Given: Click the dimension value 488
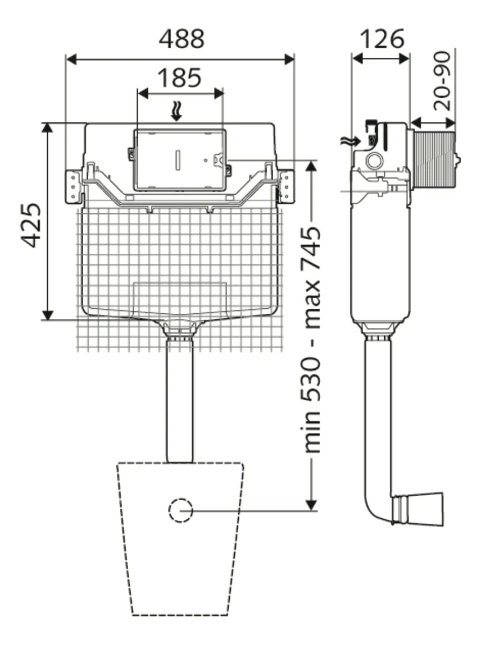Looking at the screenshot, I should pos(181,39).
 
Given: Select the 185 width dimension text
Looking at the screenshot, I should pos(179,77).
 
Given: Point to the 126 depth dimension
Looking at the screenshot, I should pos(381,39).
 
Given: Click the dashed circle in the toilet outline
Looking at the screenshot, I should pos(180,510).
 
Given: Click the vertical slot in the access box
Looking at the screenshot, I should pos(178,160).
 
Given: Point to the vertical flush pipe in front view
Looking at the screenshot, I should pos(180,399).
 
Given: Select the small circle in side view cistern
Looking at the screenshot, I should pos(373,162).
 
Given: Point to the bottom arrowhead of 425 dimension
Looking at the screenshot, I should pos(48,315).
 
